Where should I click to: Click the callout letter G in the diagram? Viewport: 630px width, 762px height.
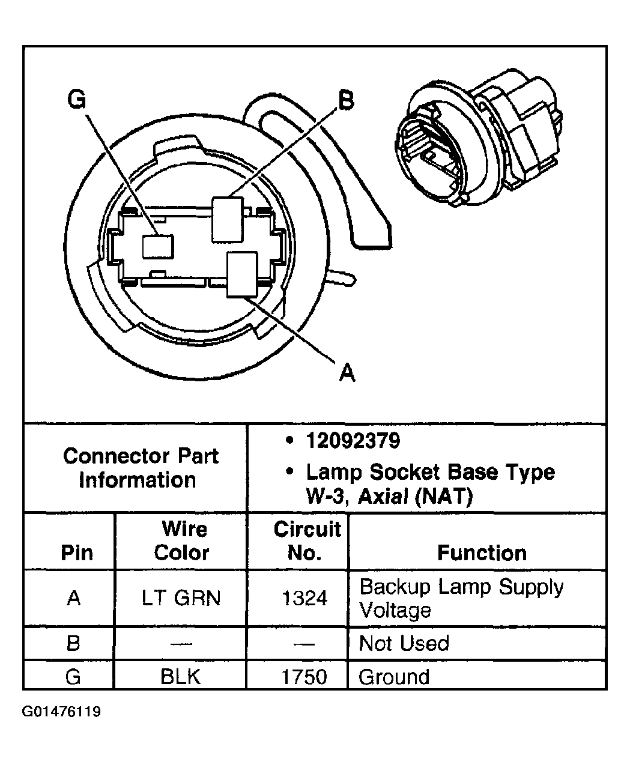point(76,100)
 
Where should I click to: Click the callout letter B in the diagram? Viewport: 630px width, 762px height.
point(346,100)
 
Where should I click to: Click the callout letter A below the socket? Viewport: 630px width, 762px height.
point(347,373)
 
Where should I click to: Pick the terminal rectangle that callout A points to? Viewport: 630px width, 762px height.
point(242,274)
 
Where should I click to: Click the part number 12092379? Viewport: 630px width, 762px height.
point(353,441)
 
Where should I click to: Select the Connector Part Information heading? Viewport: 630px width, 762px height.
point(140,468)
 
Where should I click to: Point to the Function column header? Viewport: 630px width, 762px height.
point(481,552)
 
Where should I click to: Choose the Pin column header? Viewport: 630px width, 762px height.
point(77,552)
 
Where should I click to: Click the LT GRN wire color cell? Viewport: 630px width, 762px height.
point(181,597)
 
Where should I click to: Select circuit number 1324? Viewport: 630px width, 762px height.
point(305,597)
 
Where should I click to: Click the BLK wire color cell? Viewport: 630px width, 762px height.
point(180,677)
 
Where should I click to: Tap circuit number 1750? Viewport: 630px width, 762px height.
point(305,677)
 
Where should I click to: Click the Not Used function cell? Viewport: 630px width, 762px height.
point(404,644)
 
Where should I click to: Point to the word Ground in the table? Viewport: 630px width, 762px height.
point(394,677)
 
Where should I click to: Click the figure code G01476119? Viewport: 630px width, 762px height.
point(61,712)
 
